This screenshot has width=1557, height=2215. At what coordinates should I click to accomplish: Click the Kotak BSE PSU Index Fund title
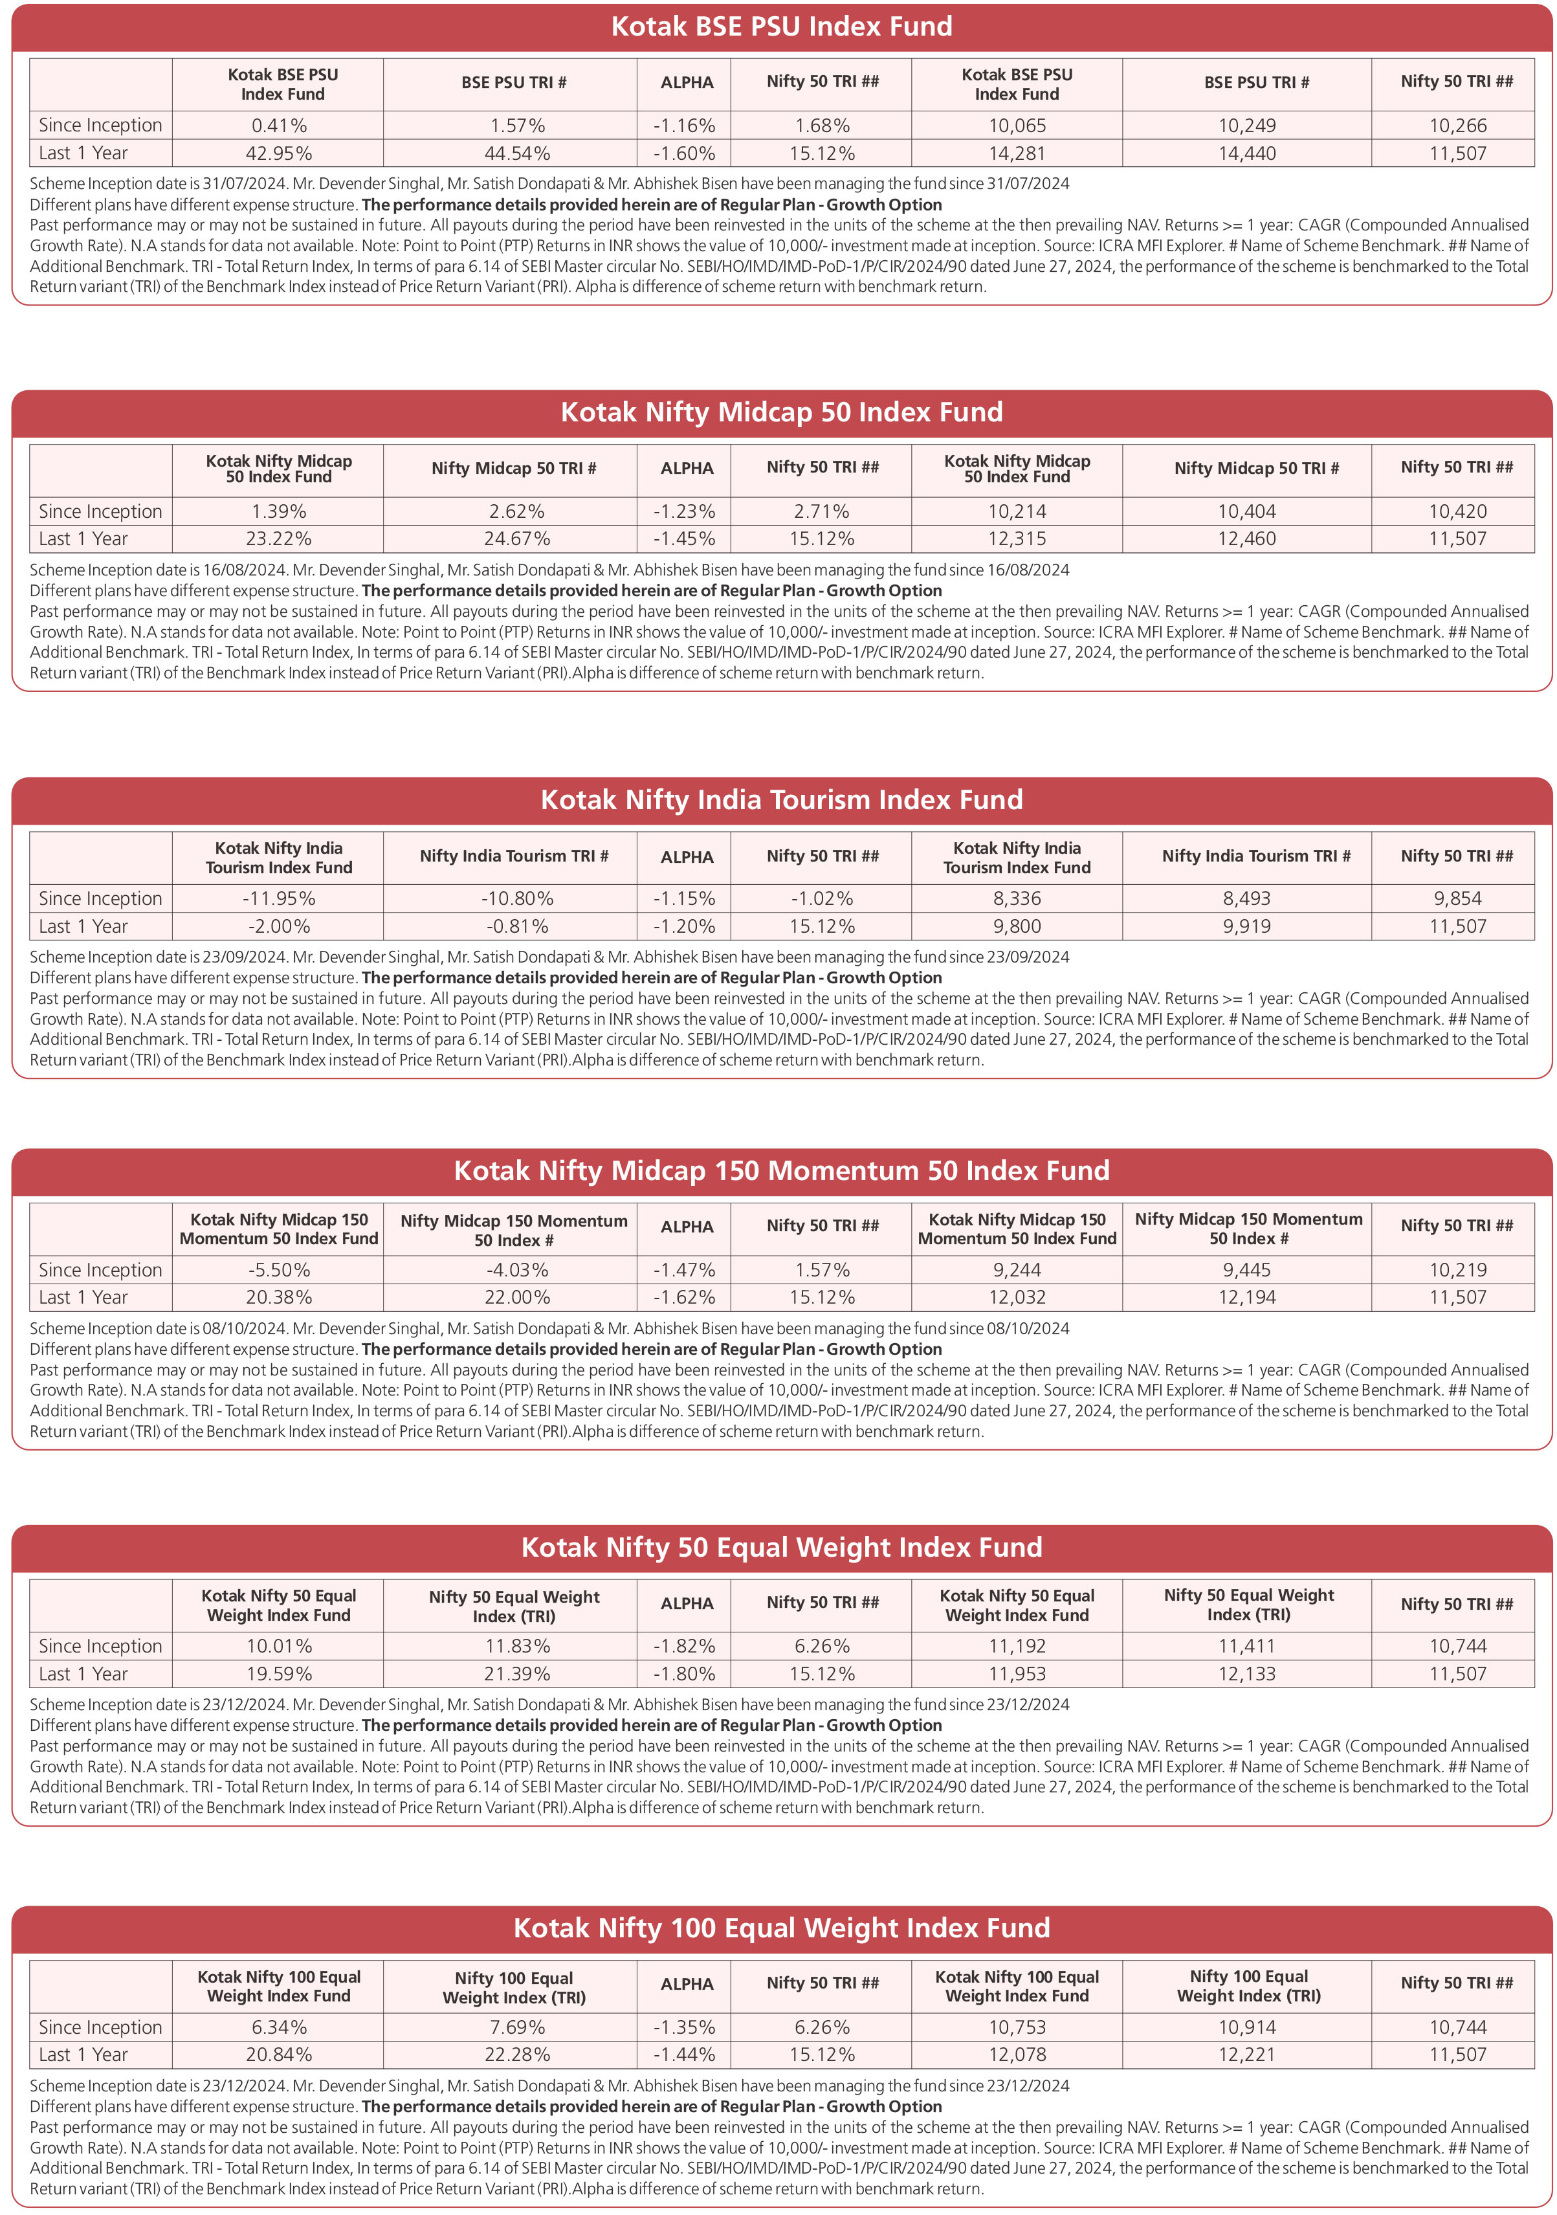(781, 26)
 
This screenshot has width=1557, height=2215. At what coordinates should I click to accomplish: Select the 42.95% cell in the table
(279, 153)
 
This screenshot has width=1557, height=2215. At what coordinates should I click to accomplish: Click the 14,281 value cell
(1017, 153)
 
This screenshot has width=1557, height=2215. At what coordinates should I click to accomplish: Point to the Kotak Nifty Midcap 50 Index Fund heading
(781, 412)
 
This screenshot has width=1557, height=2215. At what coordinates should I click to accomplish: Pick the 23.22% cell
(279, 539)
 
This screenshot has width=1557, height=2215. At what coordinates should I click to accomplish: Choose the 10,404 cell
(1246, 511)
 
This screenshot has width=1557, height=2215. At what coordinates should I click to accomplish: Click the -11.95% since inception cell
(279, 898)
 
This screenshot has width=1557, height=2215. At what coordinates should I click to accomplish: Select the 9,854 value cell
(1457, 898)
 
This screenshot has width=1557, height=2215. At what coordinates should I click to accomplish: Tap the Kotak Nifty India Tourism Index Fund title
(781, 800)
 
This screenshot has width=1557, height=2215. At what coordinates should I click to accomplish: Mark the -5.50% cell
(279, 1269)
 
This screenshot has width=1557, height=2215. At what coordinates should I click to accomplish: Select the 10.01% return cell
(279, 1646)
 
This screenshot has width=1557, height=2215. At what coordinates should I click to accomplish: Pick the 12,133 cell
(1246, 1674)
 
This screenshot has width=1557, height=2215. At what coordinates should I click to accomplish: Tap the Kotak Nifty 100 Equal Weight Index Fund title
(781, 1928)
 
